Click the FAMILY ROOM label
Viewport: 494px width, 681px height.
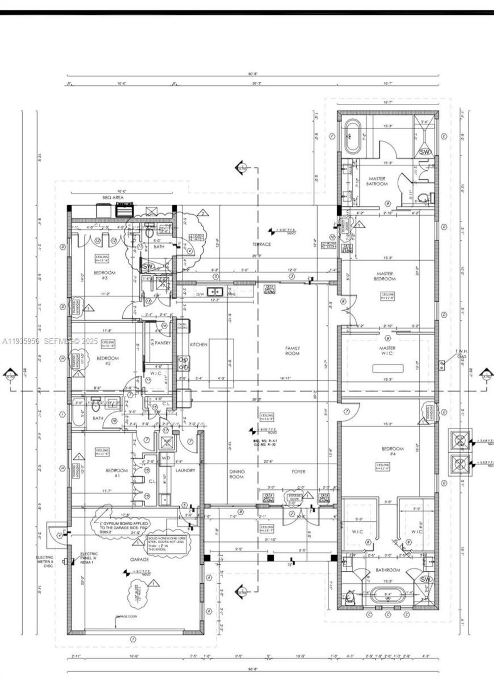coord(292,351)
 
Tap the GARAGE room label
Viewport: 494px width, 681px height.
coord(139,559)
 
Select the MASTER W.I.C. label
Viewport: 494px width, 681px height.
coord(387,351)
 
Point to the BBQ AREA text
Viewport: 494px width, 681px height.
coord(113,197)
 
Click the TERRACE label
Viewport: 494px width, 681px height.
coord(262,244)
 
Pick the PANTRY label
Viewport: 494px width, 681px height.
coord(162,343)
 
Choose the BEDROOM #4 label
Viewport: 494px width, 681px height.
coord(392,451)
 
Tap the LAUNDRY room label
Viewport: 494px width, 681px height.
coord(185,470)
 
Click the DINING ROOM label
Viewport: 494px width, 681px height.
coord(237,474)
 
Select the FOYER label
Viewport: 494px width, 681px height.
coord(298,471)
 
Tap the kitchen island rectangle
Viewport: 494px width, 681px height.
coord(221,363)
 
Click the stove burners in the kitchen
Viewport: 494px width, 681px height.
coord(184,363)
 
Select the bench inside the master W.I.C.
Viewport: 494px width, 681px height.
coord(387,368)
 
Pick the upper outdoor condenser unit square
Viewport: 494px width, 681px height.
coord(460,440)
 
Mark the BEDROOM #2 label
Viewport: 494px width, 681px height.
coord(108,361)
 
